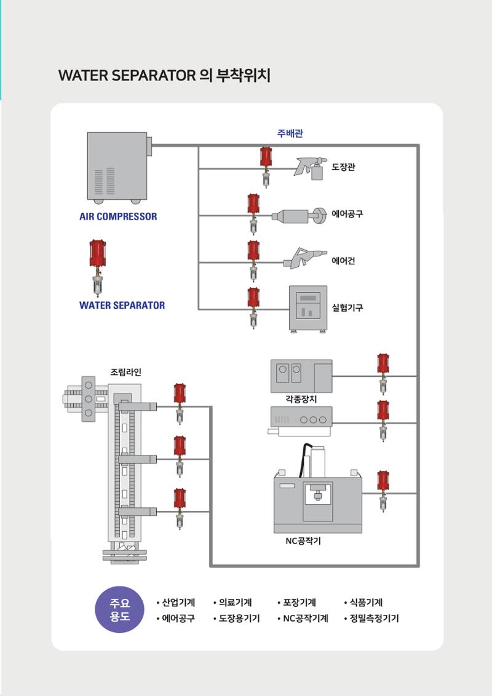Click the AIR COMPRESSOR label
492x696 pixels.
tap(118, 216)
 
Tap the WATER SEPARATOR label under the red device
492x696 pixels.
tap(122, 306)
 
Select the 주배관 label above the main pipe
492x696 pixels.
tap(290, 133)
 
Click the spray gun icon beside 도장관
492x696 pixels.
tap(311, 168)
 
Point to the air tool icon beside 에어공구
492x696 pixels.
tap(299, 216)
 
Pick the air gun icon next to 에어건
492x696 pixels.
tap(305, 258)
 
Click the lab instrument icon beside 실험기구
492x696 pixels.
tap(307, 309)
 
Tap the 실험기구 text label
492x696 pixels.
tap(347, 307)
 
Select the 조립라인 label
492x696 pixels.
tap(125, 372)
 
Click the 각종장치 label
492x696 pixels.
tap(301, 399)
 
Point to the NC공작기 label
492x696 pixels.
tap(303, 541)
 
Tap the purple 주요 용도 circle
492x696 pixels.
tap(120, 610)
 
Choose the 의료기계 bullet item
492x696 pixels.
tap(232, 603)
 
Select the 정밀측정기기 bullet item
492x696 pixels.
tap(371, 619)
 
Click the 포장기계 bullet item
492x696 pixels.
tap(296, 603)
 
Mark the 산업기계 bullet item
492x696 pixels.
tap(176, 603)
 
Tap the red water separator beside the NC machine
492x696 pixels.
tap(383, 491)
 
